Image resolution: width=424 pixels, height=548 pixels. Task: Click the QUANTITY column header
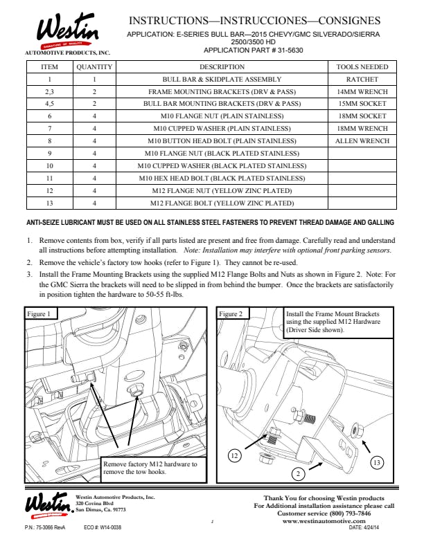pos(94,67)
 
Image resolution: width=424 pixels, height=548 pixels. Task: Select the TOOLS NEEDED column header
pos(362,67)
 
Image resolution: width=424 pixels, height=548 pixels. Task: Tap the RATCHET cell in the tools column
pos(362,80)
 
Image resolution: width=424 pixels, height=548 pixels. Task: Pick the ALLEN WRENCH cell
pos(362,141)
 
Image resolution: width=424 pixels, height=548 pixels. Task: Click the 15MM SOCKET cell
pos(362,104)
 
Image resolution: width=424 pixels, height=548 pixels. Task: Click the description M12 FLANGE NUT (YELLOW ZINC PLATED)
pos(222,191)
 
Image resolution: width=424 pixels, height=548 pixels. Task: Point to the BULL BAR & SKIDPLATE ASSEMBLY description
pos(222,80)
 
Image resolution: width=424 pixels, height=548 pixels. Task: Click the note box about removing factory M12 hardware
pos(150,468)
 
